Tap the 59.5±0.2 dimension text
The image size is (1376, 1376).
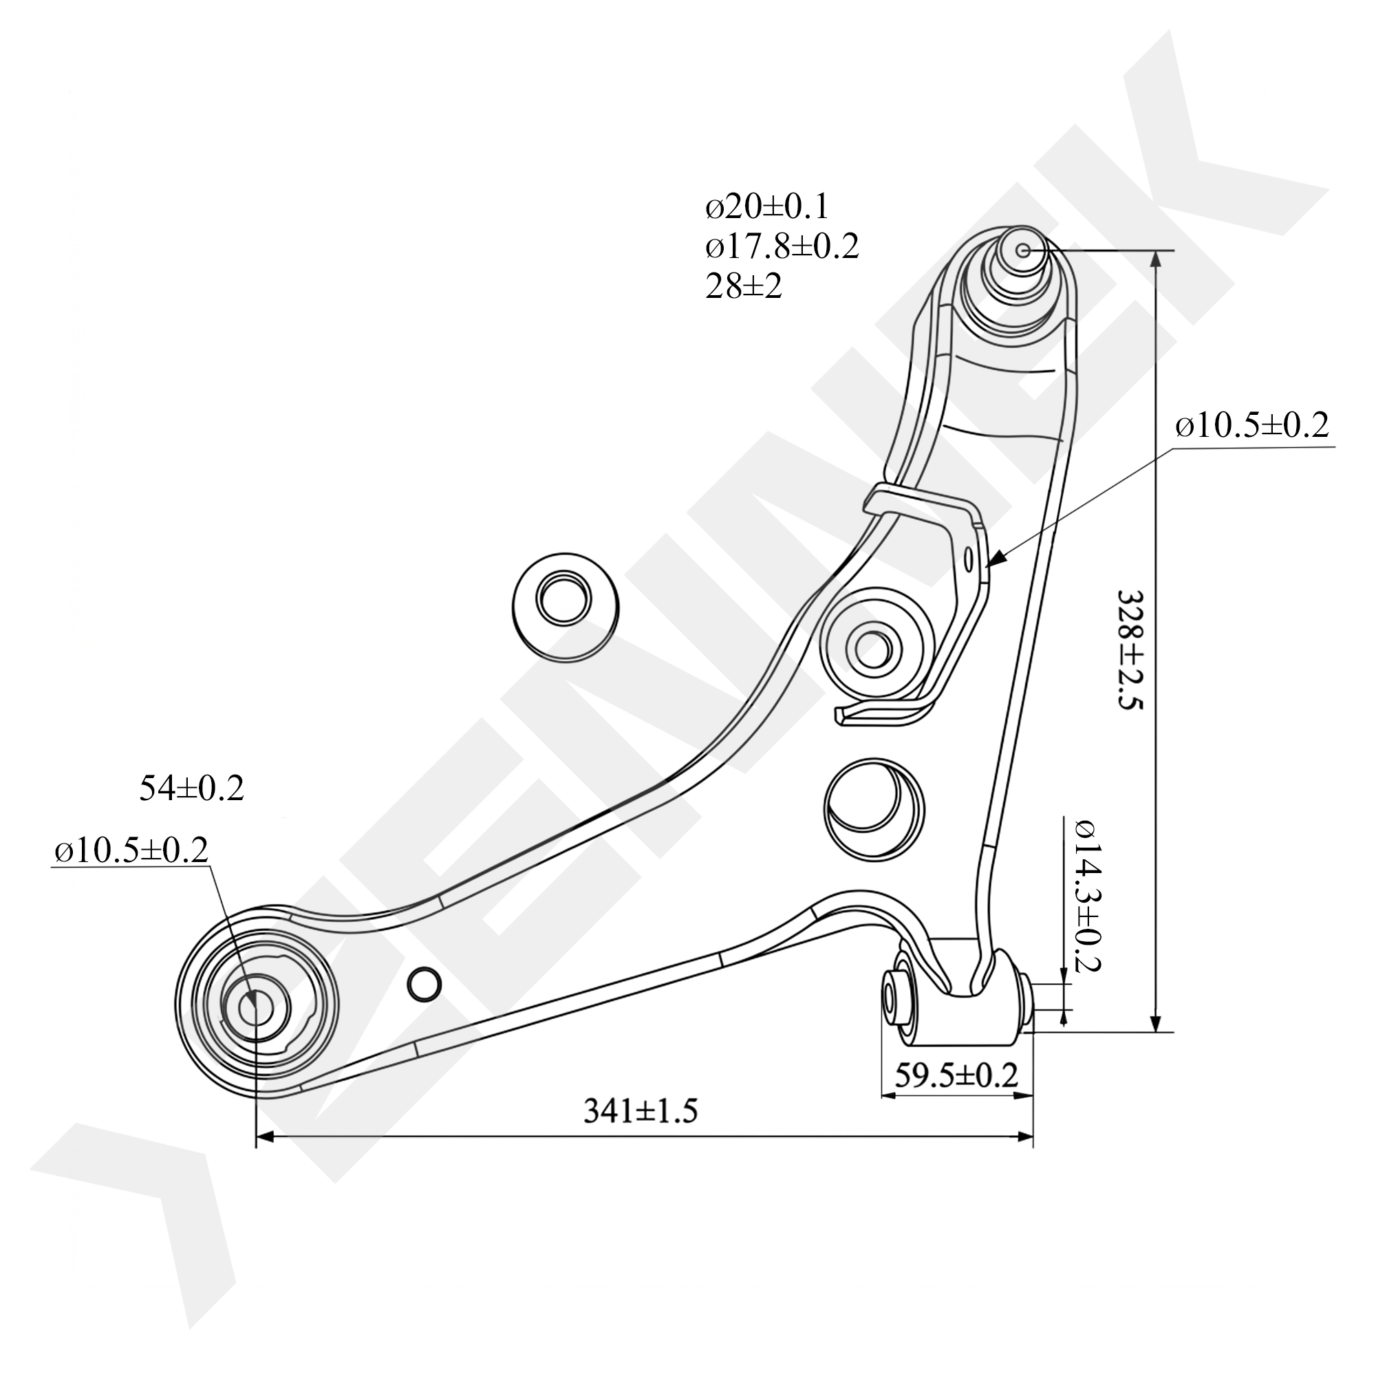[x=956, y=1075]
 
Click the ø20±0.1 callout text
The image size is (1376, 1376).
[x=767, y=207]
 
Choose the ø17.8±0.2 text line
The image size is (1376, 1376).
[x=782, y=246]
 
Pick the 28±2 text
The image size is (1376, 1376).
[x=744, y=286]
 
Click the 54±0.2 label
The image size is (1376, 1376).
[x=191, y=788]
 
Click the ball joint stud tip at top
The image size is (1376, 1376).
[x=1023, y=250]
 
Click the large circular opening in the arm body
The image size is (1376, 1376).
[x=874, y=810]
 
